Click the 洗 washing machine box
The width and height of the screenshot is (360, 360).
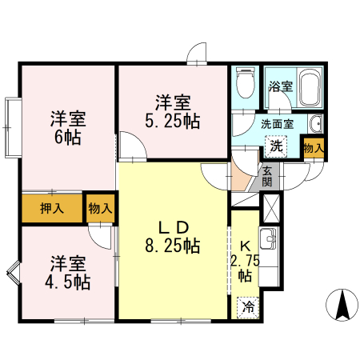[276, 146]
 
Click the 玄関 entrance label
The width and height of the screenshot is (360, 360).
[266, 176]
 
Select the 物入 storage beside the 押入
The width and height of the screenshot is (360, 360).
[100, 208]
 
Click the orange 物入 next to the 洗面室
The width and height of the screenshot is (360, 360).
[313, 147]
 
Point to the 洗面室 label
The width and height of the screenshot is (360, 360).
[277, 124]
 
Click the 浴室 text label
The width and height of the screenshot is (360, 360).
[281, 86]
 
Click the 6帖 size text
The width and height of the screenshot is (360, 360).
[68, 136]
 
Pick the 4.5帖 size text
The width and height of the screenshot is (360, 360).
[68, 282]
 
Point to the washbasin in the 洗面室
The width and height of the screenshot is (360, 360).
[316, 124]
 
